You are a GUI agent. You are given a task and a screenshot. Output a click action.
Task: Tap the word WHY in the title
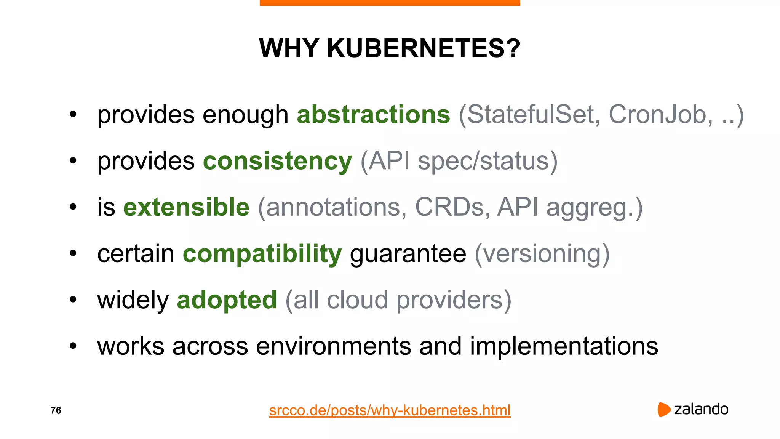point(289,48)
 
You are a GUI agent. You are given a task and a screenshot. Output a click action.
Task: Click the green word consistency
point(277,161)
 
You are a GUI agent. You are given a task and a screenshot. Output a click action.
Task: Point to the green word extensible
point(186,207)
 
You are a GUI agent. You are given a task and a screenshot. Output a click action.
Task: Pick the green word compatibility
point(262,254)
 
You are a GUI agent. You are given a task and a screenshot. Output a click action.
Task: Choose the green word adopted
point(227,300)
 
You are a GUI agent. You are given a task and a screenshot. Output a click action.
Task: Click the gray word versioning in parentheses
point(542,254)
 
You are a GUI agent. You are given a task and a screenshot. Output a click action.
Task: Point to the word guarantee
point(408,254)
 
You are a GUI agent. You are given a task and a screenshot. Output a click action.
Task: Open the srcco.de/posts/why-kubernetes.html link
point(390,410)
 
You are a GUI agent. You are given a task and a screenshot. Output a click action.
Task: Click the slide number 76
point(56,410)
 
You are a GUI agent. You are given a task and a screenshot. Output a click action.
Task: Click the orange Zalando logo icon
point(663,409)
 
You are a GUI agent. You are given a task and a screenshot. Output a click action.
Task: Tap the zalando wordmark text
point(701,409)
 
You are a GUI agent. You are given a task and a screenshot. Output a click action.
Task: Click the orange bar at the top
point(390,3)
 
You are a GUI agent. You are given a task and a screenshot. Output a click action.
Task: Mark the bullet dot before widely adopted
point(73,300)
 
